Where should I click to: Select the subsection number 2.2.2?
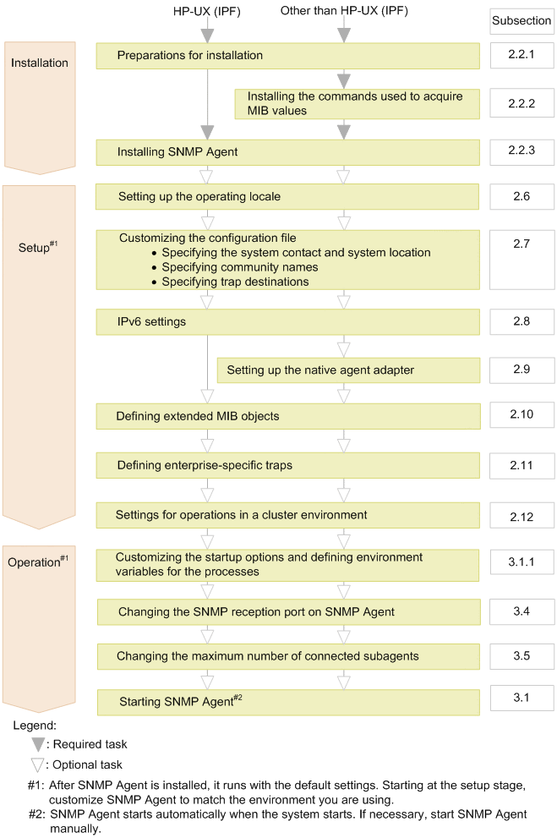(522, 103)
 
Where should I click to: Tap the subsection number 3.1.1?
(522, 562)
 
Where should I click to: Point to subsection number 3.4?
(522, 610)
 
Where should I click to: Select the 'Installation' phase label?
(39, 63)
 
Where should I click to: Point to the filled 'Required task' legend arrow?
(39, 744)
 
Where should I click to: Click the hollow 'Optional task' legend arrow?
(39, 766)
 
